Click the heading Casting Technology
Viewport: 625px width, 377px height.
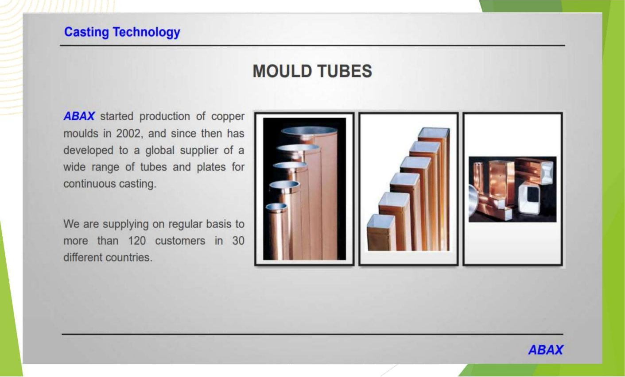(x=122, y=32)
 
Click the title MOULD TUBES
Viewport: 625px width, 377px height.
(x=312, y=71)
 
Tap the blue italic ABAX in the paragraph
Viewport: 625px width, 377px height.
(x=79, y=116)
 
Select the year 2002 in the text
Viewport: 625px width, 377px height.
(x=128, y=134)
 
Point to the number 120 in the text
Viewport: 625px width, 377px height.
(x=137, y=241)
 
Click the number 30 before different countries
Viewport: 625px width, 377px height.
(x=238, y=241)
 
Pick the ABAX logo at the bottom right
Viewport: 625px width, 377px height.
(x=546, y=350)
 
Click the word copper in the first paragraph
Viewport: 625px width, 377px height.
(x=228, y=117)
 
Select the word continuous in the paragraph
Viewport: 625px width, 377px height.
(x=88, y=184)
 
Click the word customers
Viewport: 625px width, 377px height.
(x=180, y=241)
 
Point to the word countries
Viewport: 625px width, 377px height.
(x=129, y=258)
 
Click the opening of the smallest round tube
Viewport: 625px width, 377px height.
(x=276, y=207)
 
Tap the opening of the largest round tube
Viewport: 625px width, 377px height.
(x=310, y=131)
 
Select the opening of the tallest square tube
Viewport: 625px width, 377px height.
(x=434, y=132)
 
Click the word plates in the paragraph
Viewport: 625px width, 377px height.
(x=211, y=167)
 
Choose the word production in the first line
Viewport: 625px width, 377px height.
(x=165, y=117)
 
